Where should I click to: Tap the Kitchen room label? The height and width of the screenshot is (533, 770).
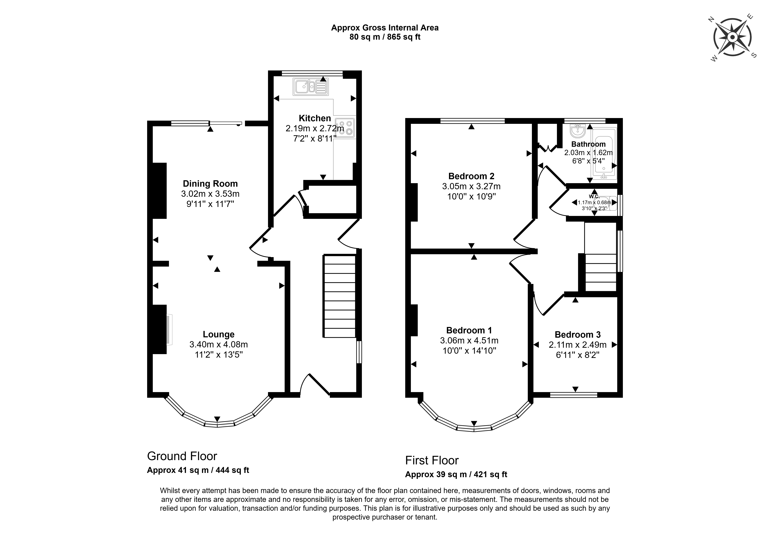[x=315, y=118]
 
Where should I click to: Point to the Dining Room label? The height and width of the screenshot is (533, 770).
[x=210, y=184]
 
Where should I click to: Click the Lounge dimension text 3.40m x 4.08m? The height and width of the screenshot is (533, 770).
[x=219, y=344]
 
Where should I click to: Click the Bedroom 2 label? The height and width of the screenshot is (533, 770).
[x=471, y=176]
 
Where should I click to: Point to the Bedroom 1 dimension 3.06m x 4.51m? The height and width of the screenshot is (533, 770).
[x=469, y=341]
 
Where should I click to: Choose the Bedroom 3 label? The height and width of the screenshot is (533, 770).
[x=578, y=335]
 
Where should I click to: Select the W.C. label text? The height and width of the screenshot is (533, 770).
[x=594, y=196]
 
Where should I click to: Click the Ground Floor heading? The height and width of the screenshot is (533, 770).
[x=182, y=456]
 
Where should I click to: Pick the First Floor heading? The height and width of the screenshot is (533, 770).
[x=432, y=461]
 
